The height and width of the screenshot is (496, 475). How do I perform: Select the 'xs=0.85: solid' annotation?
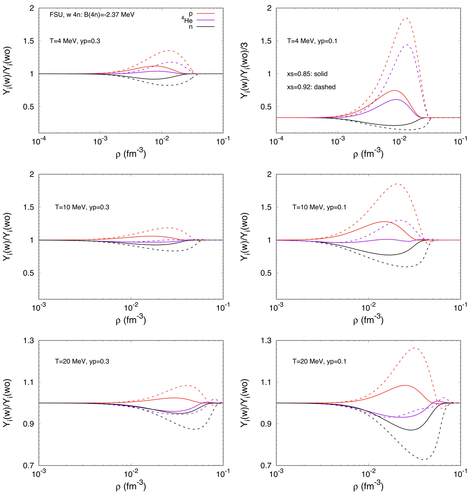[307, 74]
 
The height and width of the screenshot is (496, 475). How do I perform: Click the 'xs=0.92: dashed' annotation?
[311, 87]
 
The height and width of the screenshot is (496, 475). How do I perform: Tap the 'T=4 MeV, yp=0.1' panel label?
[312, 40]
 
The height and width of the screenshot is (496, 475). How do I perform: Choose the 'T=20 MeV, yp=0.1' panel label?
[319, 361]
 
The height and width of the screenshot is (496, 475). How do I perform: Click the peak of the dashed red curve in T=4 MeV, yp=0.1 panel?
[406, 18]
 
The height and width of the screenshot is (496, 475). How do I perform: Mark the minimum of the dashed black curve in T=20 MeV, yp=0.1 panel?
[424, 460]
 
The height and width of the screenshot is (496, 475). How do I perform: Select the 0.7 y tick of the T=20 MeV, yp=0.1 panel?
[265, 466]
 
